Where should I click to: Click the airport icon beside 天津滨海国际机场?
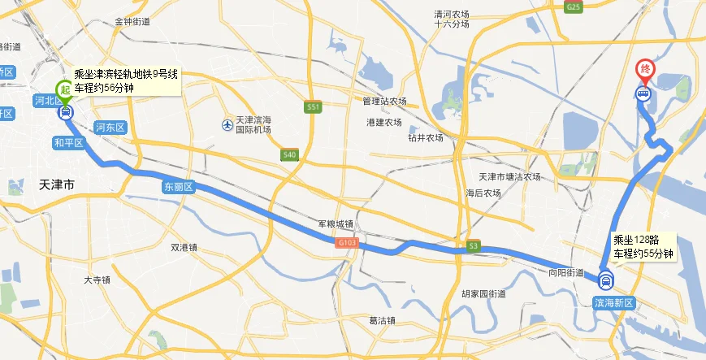227,124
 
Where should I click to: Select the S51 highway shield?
314,107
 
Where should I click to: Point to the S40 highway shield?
290,154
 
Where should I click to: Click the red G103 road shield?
346,243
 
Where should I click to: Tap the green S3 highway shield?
474,246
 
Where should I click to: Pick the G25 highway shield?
574,7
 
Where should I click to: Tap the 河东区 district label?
110,128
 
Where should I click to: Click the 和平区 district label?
69,143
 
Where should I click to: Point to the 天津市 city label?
57,185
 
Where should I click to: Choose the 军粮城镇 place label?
335,224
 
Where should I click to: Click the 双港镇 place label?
185,248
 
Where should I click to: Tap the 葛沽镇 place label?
381,320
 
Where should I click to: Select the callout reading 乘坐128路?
643,246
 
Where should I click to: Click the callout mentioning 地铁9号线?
126,81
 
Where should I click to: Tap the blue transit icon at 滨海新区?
604,282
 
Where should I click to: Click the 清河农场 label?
453,14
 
